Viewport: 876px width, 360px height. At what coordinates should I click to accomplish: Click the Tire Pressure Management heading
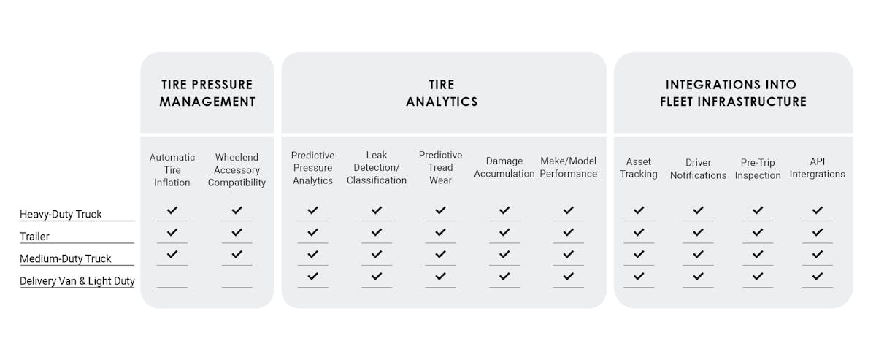click(207, 93)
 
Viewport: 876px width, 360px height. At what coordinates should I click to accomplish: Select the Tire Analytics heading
click(442, 93)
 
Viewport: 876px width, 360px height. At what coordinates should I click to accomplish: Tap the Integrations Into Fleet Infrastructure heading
click(733, 93)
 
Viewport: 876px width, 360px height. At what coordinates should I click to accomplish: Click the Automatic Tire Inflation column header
click(172, 169)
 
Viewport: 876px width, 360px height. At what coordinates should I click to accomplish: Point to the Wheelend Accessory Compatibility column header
click(237, 169)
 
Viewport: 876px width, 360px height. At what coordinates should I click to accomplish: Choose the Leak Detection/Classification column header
click(377, 167)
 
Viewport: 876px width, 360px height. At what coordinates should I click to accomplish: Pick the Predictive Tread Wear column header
click(440, 167)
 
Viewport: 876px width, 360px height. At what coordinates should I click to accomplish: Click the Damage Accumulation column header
click(504, 167)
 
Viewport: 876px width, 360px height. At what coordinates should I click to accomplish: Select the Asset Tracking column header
click(639, 167)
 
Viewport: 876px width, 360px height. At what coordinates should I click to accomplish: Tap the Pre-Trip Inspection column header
click(758, 169)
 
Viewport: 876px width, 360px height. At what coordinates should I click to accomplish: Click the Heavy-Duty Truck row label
click(61, 214)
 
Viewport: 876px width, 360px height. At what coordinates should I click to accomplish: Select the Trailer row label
click(35, 237)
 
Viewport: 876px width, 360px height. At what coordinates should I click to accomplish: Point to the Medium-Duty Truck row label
click(66, 258)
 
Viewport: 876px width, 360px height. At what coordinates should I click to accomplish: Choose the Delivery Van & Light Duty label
click(77, 281)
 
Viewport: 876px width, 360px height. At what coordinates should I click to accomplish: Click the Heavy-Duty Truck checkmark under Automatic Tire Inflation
click(172, 210)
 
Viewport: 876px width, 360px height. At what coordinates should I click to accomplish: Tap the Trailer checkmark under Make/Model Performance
click(569, 232)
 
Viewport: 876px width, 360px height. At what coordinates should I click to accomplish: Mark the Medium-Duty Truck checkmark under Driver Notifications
click(699, 254)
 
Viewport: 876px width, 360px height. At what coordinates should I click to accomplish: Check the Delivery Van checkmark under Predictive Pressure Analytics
click(312, 276)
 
